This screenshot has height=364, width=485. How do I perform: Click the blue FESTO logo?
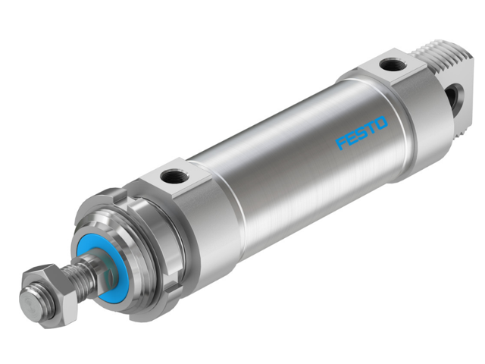pos(361,132)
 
